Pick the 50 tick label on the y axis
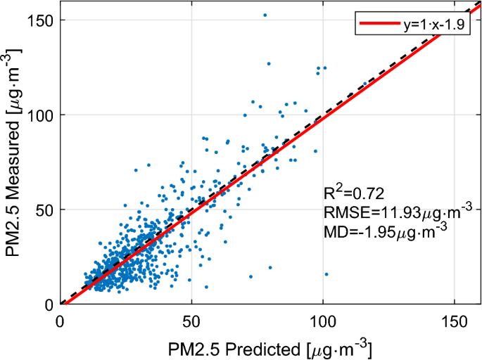click(x=44, y=210)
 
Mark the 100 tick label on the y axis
click(x=40, y=115)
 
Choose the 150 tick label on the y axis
click(x=40, y=20)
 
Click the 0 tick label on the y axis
click(x=48, y=304)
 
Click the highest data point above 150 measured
click(x=265, y=15)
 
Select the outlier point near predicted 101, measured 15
click(x=326, y=274)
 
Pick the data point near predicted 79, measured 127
click(x=268, y=63)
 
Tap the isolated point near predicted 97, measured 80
click(x=315, y=151)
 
